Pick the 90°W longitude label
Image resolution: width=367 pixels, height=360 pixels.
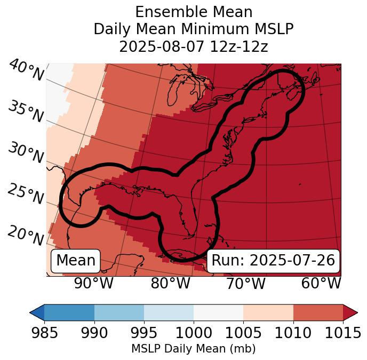[93, 283]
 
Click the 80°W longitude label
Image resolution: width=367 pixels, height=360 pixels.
[170, 283]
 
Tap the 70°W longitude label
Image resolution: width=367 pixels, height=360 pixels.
[245, 283]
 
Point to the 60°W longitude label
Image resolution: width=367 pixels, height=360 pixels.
[321, 283]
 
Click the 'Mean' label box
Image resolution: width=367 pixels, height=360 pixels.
[76, 261]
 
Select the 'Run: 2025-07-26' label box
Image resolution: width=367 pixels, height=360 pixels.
[273, 261]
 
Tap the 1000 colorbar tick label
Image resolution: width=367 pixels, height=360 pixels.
[194, 333]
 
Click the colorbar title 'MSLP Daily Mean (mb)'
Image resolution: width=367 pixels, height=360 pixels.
[194, 349]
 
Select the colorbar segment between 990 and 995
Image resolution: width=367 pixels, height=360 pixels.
[119, 312]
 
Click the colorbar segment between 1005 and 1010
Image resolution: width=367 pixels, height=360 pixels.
[268, 312]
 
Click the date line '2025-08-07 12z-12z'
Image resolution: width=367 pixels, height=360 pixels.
[194, 46]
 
